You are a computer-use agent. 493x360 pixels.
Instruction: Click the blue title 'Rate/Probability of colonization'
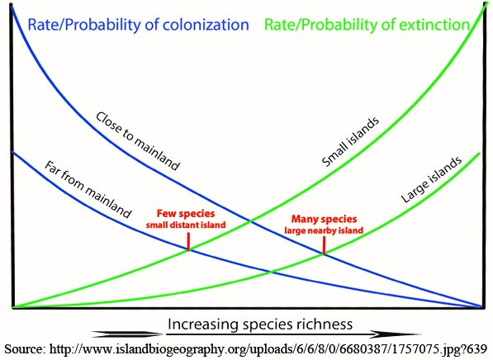point(139,25)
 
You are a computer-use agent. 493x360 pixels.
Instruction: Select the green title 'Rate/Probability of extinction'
point(367,25)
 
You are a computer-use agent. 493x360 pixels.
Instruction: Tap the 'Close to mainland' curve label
point(138,141)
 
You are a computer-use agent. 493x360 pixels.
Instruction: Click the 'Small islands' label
point(350,142)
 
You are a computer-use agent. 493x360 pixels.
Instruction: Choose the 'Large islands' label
point(431,179)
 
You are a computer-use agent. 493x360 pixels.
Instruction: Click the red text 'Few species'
point(186,214)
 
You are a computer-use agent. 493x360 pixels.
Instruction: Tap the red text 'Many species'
point(325,219)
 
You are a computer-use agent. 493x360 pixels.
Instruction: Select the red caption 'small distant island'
point(186,225)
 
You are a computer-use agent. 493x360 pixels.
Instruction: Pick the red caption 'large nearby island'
point(324,230)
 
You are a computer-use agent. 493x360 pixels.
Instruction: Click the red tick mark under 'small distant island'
point(188,241)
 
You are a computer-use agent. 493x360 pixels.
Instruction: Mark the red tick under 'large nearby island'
point(324,245)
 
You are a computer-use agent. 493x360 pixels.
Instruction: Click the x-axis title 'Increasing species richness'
point(260,324)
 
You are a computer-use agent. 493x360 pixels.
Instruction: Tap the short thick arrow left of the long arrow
point(126,334)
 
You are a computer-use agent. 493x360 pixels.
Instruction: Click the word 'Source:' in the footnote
point(26,349)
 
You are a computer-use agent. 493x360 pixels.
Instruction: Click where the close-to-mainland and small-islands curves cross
point(251,221)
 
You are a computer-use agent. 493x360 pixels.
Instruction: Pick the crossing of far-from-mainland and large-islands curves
point(271,272)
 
